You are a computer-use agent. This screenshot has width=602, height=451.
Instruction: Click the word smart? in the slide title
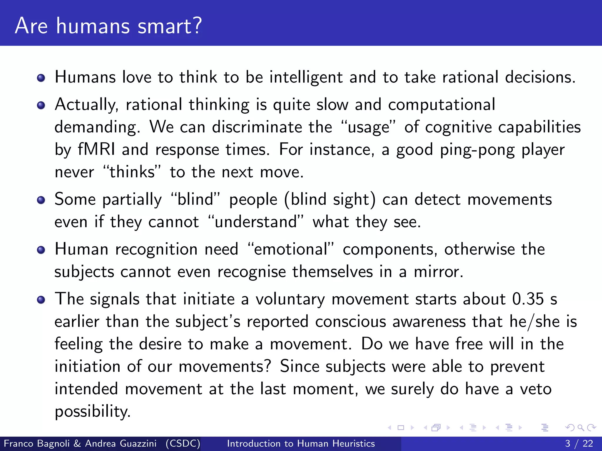click(170, 26)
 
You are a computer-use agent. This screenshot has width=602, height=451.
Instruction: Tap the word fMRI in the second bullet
click(96, 149)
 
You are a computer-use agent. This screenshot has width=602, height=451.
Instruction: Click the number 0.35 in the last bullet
click(528, 299)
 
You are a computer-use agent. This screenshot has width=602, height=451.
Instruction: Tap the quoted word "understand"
click(256, 222)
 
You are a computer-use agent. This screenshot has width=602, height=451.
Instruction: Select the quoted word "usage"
click(368, 127)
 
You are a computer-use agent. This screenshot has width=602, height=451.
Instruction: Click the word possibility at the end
click(92, 411)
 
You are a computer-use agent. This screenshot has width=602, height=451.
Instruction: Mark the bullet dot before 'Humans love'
click(41, 78)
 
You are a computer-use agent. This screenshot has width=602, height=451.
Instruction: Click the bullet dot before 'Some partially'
click(41, 200)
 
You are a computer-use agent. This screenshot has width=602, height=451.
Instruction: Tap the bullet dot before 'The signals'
click(41, 300)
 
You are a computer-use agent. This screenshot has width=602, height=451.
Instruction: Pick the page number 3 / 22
click(579, 443)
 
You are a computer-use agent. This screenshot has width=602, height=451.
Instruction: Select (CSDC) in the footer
click(183, 443)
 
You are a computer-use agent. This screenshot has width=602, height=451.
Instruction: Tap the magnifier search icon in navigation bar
click(581, 428)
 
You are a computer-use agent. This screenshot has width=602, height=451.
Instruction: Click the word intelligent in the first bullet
click(306, 78)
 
